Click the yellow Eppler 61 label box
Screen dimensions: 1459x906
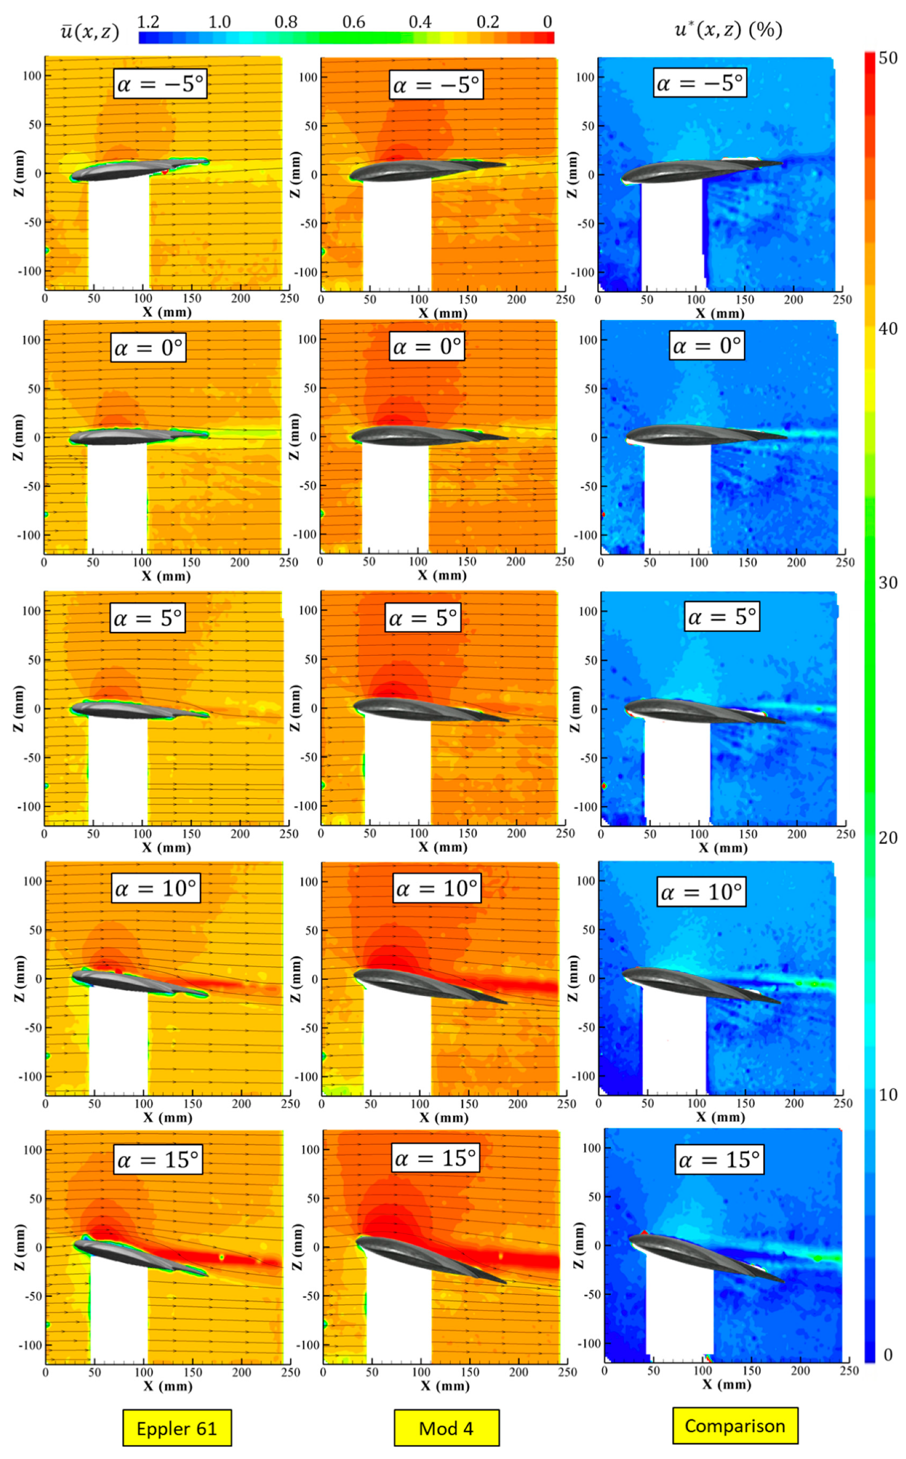point(177,1428)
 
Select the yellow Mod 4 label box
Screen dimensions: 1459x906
point(446,1428)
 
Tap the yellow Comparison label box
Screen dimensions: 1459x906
point(735,1426)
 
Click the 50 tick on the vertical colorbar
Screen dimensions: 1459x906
point(888,58)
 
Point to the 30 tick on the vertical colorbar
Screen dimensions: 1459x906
point(888,582)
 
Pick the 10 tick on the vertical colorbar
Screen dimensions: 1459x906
point(888,1095)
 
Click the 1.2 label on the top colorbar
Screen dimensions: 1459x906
point(148,22)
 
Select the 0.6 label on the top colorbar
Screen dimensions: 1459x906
point(353,22)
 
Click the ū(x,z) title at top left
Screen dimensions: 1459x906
point(90,31)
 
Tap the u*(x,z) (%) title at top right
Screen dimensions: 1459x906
point(728,29)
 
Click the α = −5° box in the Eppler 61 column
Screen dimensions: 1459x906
point(160,84)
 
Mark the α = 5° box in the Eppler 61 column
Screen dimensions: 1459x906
point(148,618)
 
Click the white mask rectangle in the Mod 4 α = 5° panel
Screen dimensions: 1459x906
point(397,773)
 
